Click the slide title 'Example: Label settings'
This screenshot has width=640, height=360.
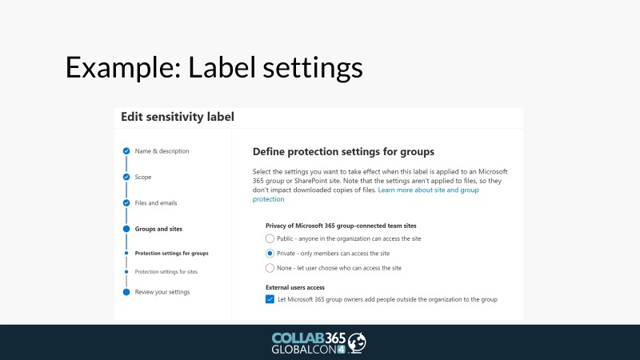pyautogui.click(x=214, y=67)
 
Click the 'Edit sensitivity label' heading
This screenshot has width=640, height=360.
pyautogui.click(x=178, y=117)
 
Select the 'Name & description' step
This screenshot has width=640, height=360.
pyautogui.click(x=162, y=151)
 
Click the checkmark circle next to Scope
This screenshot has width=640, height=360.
pyautogui.click(x=126, y=177)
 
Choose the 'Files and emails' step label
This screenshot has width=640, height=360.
pyautogui.click(x=156, y=203)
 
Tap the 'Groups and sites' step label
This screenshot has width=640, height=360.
pyautogui.click(x=158, y=229)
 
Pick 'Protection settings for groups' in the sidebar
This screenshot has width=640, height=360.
pyautogui.click(x=171, y=253)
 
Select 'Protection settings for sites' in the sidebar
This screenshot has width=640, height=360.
pyautogui.click(x=166, y=271)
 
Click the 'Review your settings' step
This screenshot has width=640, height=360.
pyautogui.click(x=162, y=292)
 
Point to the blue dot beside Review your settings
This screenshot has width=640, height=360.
pyautogui.click(x=126, y=292)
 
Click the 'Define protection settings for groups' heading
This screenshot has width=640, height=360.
pyautogui.click(x=343, y=152)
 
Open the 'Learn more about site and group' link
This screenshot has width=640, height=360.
pyautogui.click(x=428, y=190)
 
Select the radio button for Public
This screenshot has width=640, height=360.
pyautogui.click(x=270, y=238)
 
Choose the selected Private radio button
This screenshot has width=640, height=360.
pyautogui.click(x=270, y=253)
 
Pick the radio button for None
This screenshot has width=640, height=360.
pyautogui.click(x=270, y=268)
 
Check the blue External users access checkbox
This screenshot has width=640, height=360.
pyautogui.click(x=270, y=299)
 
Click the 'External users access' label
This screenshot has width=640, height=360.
pyautogui.click(x=295, y=287)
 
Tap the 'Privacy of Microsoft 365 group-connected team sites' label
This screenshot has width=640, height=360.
pyautogui.click(x=341, y=226)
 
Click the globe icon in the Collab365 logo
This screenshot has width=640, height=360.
pyautogui.click(x=357, y=342)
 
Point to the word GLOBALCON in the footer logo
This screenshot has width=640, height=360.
pyautogui.click(x=304, y=350)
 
